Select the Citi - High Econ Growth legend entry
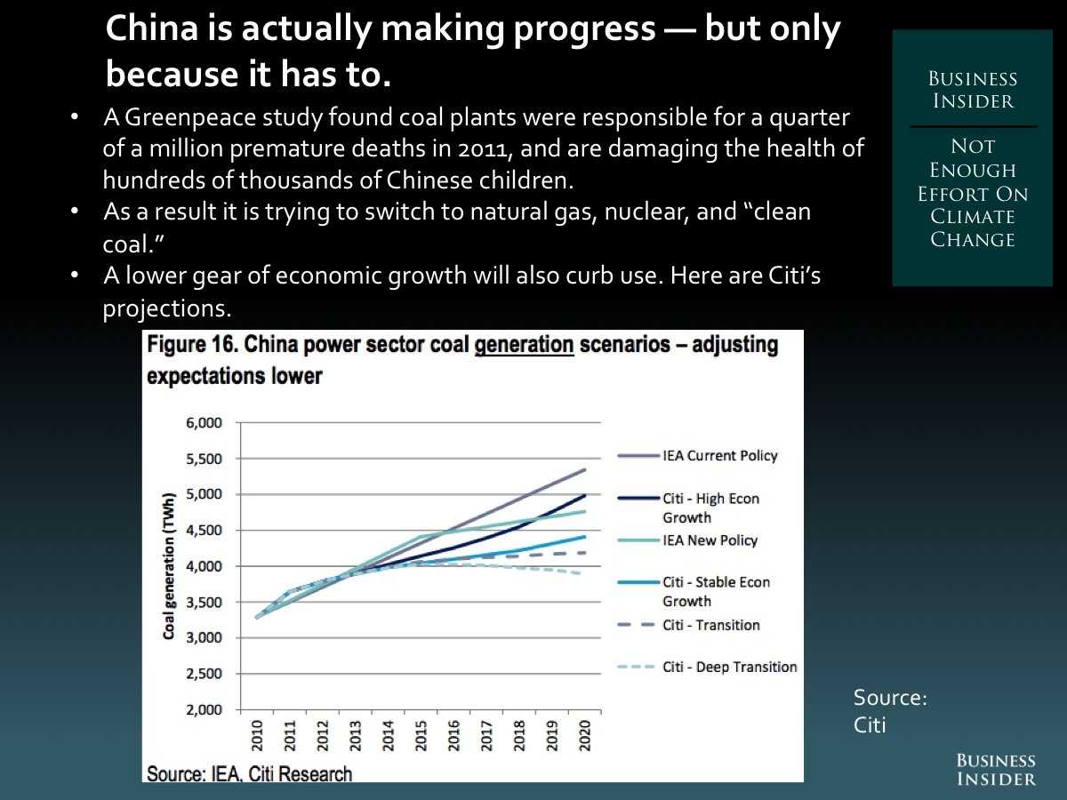(x=710, y=508)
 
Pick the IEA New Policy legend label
(x=710, y=540)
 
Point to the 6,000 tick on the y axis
(x=205, y=423)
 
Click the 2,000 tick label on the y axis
(x=205, y=709)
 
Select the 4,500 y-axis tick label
(x=205, y=531)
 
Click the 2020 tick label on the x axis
(x=584, y=733)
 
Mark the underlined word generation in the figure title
(x=524, y=345)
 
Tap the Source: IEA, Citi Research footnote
(x=249, y=773)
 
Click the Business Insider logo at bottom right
(x=996, y=770)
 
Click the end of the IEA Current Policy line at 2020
(x=584, y=469)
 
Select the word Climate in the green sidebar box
(x=972, y=217)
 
